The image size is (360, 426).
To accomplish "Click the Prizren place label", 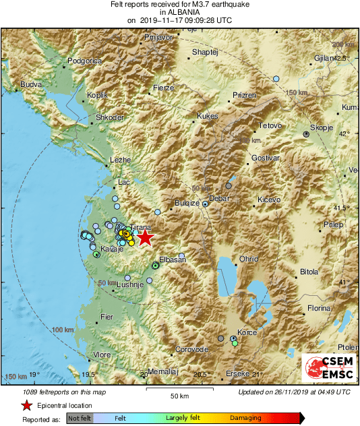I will point(243,96).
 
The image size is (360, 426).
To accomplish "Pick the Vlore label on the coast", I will point(102,355).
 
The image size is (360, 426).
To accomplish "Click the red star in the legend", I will point(26,405).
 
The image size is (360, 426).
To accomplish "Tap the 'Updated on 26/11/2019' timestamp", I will point(294,391).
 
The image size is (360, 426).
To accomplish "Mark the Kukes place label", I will point(208,117).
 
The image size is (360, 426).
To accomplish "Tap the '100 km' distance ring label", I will point(62,330).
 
